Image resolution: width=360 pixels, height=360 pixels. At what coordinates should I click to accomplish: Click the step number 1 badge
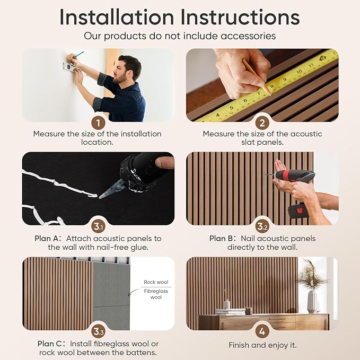(98, 123)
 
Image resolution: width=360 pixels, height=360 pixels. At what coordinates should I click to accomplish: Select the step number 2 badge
(262, 123)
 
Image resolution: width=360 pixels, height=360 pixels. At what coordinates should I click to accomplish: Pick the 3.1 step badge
(98, 227)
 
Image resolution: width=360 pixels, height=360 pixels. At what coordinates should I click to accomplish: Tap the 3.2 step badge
(262, 227)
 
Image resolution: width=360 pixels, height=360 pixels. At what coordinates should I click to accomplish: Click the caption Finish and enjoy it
(262, 345)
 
